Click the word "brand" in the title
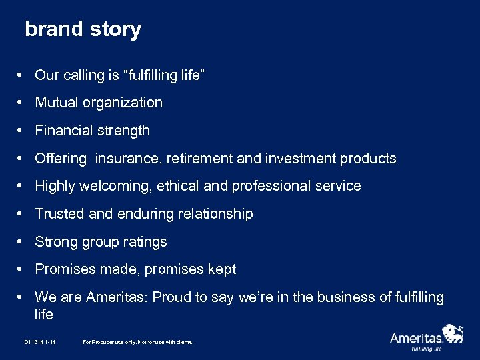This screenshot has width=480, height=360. point(53,29)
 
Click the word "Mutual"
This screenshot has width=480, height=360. point(57,103)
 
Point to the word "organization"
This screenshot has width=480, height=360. point(124,103)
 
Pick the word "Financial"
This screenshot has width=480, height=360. point(63,131)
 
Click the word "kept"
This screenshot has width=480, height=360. point(221,269)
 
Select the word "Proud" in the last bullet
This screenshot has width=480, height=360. point(171,297)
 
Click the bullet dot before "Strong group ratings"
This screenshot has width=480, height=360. point(22,242)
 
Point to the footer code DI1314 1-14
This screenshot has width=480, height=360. point(39,342)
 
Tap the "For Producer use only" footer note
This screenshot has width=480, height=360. point(138,342)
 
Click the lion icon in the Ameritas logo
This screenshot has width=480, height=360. point(453,333)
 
